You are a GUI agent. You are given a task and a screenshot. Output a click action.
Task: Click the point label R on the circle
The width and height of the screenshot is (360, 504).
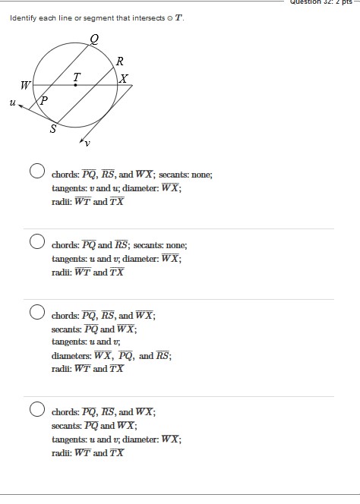tap(120, 61)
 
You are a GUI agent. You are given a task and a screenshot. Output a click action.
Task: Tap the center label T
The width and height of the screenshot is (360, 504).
tap(76, 76)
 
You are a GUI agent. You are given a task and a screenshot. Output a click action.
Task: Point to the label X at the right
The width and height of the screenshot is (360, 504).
tap(125, 79)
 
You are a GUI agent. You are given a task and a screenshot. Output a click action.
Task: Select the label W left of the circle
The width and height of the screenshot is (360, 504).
tap(25, 85)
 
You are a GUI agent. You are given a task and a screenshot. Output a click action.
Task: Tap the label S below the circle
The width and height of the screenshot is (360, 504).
tap(53, 129)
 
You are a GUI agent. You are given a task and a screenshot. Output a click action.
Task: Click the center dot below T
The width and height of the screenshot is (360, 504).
tap(75, 85)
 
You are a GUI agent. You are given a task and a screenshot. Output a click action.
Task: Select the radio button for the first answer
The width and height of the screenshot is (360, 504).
tap(36, 171)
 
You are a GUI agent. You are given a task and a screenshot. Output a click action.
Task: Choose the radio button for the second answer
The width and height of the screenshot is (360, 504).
tap(36, 241)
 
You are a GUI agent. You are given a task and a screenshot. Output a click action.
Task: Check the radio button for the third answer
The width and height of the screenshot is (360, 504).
tap(36, 312)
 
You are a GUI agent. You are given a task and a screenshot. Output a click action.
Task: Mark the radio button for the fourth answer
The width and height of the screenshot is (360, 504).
tap(36, 409)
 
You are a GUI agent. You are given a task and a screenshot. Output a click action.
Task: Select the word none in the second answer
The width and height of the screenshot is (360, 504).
tap(176, 245)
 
